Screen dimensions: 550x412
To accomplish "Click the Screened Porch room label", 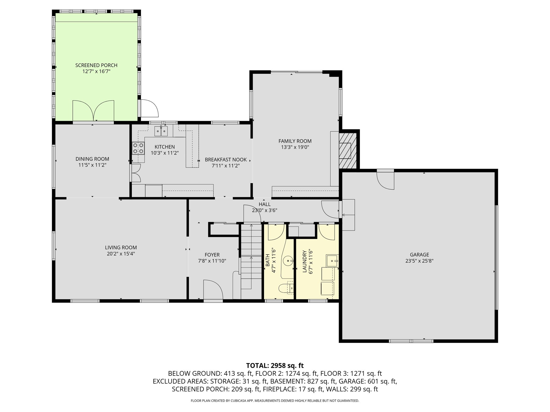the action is click(x=96, y=65).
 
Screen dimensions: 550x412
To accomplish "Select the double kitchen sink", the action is click(x=161, y=131).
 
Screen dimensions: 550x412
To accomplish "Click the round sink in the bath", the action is click(x=288, y=260).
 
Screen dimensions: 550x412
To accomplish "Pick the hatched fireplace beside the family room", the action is click(x=348, y=150).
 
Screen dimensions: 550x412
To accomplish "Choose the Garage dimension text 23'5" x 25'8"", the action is click(x=419, y=261).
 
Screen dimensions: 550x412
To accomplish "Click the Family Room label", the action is click(x=295, y=141).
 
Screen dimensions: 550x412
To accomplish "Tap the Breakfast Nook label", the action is click(x=226, y=160).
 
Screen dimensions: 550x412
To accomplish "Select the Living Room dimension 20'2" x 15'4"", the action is click(x=121, y=254).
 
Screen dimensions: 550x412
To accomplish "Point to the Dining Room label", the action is click(x=92, y=159).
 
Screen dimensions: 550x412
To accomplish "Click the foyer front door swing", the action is click(x=213, y=289).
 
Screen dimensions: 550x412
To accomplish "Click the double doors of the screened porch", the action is click(x=93, y=111).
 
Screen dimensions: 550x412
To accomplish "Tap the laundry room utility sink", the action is click(x=332, y=260).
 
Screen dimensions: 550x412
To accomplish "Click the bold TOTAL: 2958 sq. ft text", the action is click(x=275, y=365).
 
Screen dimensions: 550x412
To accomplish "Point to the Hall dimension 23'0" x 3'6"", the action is click(x=265, y=211).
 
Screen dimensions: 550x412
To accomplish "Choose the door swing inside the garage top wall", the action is click(x=385, y=181).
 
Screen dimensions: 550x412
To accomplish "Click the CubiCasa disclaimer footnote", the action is click(x=275, y=401).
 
